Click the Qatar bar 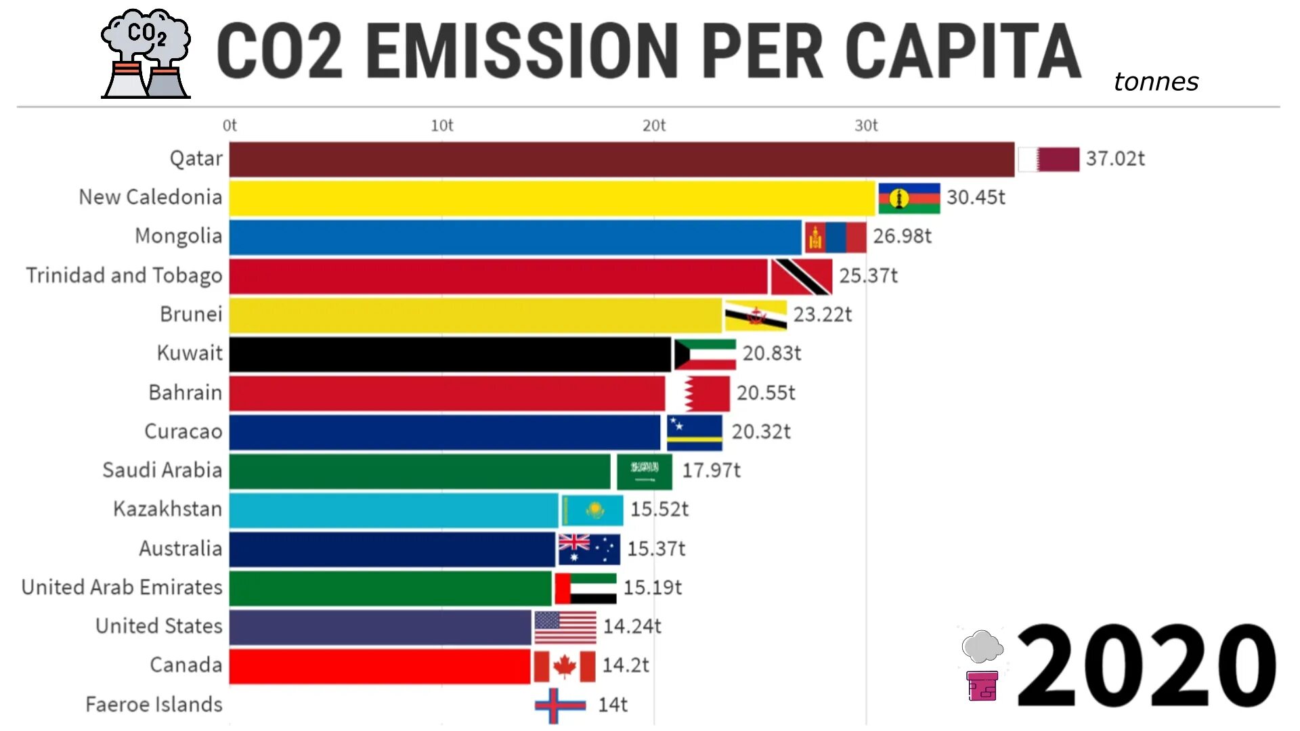tap(622, 160)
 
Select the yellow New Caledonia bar tap(552, 198)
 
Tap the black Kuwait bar tap(450, 354)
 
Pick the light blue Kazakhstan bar tap(393, 510)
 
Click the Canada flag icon tap(564, 667)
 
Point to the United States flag tap(565, 627)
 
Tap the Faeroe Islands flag tap(560, 706)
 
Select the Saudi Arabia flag tap(644, 472)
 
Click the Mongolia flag tap(835, 238)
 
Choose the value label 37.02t tap(1115, 159)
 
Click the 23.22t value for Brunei tap(822, 315)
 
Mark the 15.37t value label tap(655, 549)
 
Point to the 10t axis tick tap(441, 126)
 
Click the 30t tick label tap(865, 126)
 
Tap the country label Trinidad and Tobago tap(124, 275)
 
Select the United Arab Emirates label tap(122, 588)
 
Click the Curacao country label tap(183, 432)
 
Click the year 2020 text tap(1146, 667)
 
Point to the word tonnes tap(1156, 82)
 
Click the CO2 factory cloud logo tap(146, 54)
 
